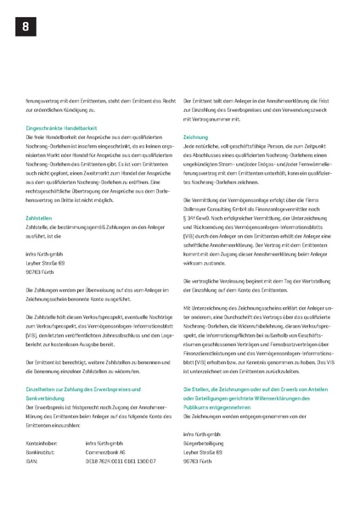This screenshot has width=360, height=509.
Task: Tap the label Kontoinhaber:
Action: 42,443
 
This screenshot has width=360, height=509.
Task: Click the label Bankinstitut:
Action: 42,451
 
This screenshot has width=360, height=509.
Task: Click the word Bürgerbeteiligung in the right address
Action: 207,443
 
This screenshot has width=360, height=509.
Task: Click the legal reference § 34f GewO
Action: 201,218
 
